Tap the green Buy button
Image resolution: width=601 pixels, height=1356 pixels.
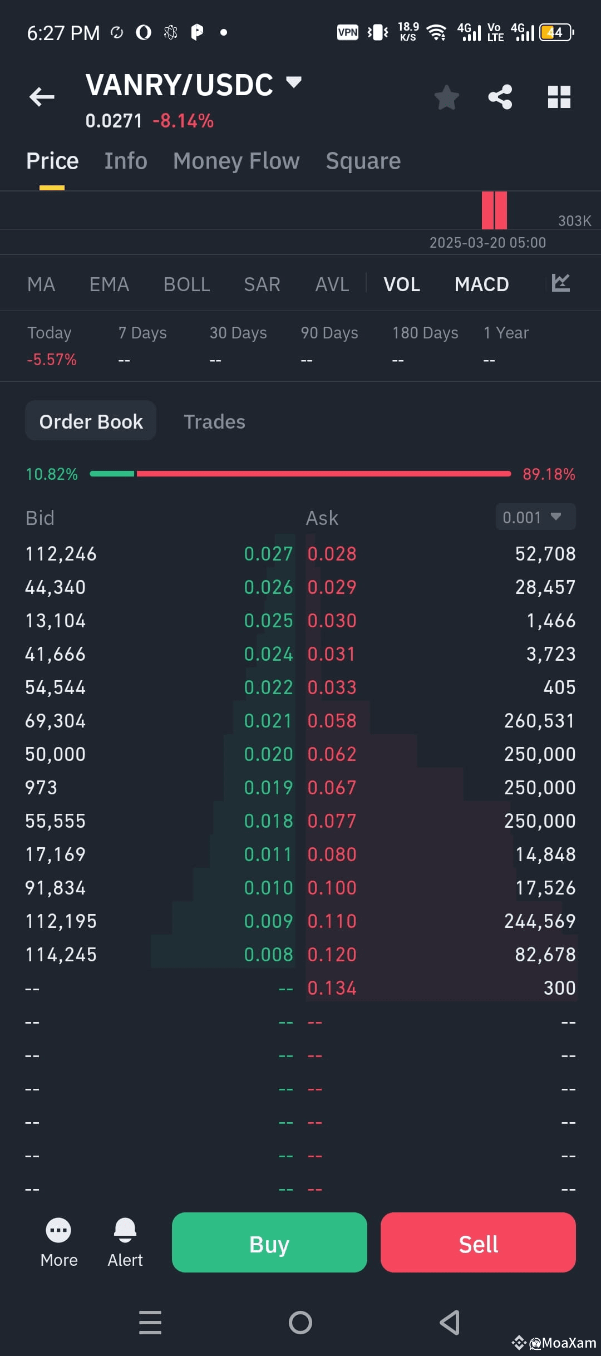click(x=269, y=1242)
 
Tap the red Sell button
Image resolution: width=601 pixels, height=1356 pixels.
click(x=478, y=1242)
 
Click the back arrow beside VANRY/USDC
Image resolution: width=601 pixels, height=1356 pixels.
click(x=42, y=97)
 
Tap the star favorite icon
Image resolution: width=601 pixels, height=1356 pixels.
click(x=446, y=97)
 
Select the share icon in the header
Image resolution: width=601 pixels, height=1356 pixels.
click(x=500, y=97)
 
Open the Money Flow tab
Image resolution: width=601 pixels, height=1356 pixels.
click(x=236, y=161)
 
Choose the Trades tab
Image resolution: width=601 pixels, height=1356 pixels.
click(x=214, y=421)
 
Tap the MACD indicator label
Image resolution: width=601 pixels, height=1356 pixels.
click(x=481, y=284)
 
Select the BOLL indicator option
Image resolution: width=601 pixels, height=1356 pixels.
click(x=186, y=284)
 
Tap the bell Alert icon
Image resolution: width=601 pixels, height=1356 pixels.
click(x=125, y=1230)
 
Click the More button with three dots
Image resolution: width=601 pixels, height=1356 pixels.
click(x=58, y=1230)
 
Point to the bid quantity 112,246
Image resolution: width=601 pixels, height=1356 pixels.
click(x=61, y=554)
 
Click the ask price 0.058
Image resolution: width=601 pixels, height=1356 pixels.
click(x=332, y=721)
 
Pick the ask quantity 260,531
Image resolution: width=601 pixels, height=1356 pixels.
click(x=539, y=721)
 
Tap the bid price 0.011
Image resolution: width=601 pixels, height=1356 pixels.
click(x=268, y=854)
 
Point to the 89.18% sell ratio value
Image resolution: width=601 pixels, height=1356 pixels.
click(x=549, y=474)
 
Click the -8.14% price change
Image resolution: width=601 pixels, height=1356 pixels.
click(x=183, y=121)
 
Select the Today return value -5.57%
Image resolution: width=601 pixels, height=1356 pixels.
click(x=52, y=360)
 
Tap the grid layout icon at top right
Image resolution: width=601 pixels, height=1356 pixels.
click(x=559, y=97)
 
